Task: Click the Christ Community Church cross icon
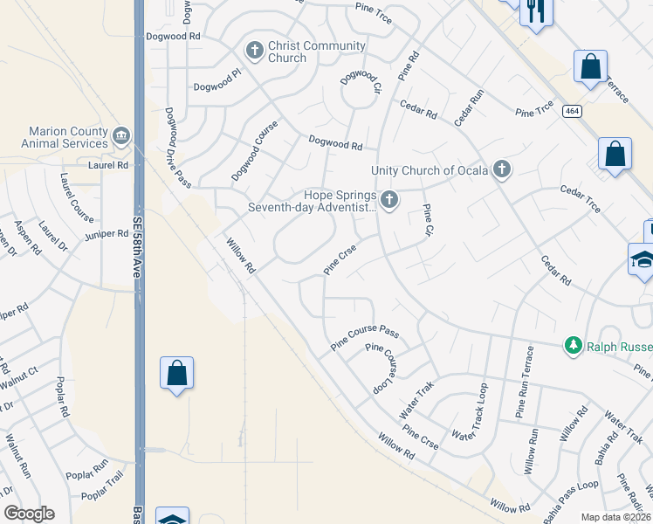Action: click(x=255, y=51)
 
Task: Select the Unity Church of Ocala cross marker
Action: click(x=501, y=169)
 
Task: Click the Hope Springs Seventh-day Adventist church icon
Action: click(x=389, y=202)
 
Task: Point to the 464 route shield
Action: click(x=571, y=111)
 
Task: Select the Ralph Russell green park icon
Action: click(x=574, y=347)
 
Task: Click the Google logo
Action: click(x=29, y=514)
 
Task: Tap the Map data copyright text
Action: click(x=615, y=517)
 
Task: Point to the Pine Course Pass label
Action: click(x=365, y=339)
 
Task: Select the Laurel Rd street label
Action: click(x=108, y=164)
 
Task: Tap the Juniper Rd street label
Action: click(x=107, y=234)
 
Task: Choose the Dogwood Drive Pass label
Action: click(x=177, y=147)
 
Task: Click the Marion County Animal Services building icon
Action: click(x=121, y=136)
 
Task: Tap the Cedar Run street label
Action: click(x=469, y=108)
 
